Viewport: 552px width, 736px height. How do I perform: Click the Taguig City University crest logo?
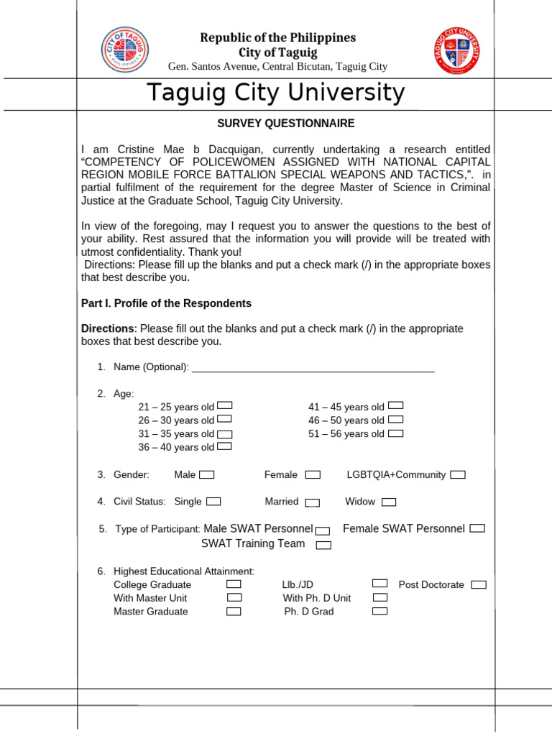458,50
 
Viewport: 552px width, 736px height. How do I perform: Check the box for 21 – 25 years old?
224,406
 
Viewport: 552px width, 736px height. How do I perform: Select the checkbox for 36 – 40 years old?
224,446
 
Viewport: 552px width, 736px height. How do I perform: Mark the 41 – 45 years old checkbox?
395,406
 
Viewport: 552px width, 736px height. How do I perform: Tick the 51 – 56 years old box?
395,433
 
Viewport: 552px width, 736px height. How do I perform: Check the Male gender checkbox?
207,474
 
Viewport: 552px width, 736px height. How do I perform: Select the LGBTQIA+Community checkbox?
458,474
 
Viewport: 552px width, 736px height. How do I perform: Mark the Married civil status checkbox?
312,502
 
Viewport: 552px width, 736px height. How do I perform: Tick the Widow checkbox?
389,502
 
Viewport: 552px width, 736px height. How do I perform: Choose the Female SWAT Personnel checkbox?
477,528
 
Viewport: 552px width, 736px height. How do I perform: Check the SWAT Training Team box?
323,545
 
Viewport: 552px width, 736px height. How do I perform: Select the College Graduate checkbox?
234,584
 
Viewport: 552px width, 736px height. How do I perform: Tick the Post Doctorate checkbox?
479,584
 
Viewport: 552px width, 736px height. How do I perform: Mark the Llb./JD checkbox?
380,584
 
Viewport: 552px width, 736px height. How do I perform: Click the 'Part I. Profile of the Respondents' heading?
166,303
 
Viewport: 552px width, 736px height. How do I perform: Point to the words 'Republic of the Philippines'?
277,37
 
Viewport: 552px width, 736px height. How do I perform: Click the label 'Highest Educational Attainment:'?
184,571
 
